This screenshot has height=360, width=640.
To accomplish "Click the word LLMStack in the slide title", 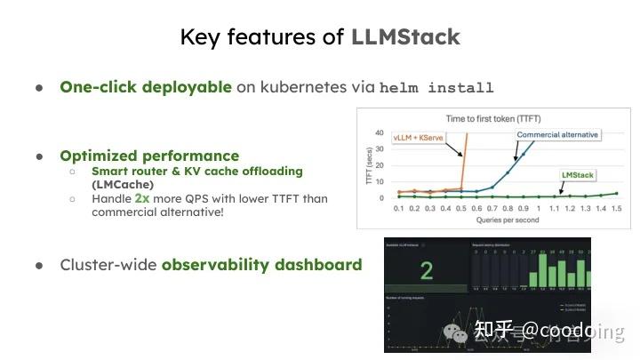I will pyautogui.click(x=405, y=36).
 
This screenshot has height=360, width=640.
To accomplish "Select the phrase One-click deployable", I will pyautogui.click(x=146, y=87).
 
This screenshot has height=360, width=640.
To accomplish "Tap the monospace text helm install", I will pyautogui.click(x=436, y=88).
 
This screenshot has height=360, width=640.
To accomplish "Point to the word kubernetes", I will pyautogui.click(x=302, y=87).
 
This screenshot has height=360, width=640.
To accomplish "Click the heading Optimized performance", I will pyautogui.click(x=149, y=156).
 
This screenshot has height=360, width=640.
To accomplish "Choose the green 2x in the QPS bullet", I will pyautogui.click(x=142, y=198).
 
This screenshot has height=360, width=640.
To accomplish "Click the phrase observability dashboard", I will pyautogui.click(x=261, y=264).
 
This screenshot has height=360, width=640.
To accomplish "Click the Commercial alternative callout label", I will pyautogui.click(x=558, y=135).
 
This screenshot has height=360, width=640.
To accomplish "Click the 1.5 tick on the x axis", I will pyautogui.click(x=616, y=207).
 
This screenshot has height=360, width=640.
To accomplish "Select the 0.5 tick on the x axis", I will pyautogui.click(x=462, y=207).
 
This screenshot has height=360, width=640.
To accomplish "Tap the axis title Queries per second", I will pyautogui.click(x=500, y=220).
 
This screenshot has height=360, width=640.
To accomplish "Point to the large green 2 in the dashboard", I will pyautogui.click(x=427, y=270).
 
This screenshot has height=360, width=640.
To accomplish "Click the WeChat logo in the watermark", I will pyautogui.click(x=458, y=332).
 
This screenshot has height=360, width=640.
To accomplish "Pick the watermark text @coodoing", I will pyautogui.click(x=573, y=331).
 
